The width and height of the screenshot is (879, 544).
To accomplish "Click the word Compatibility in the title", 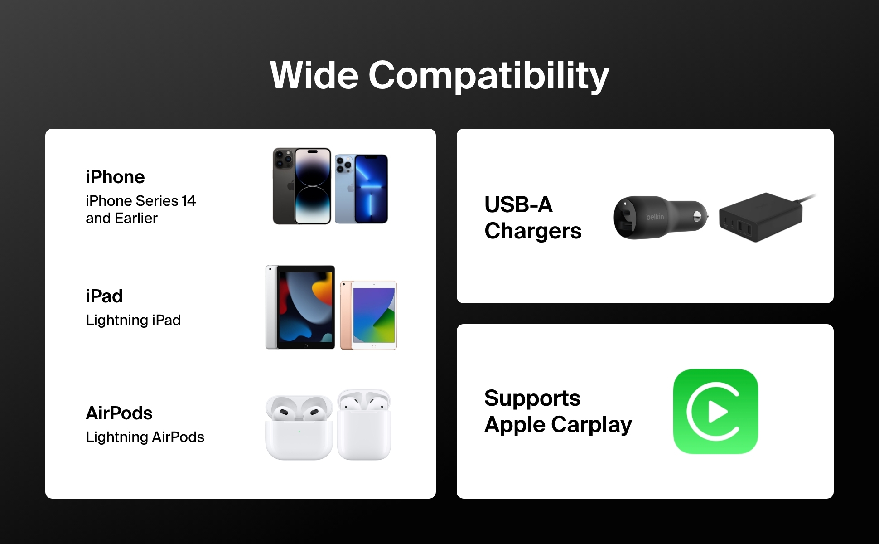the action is pos(489,76).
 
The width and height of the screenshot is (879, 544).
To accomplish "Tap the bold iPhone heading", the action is pos(115,177).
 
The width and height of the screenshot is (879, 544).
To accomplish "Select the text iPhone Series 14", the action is pos(140,201).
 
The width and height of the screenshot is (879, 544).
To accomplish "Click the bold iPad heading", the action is pos(104,296).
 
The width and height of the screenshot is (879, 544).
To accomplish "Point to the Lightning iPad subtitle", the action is pos(133,321).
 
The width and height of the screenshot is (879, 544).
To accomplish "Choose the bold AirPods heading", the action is pos(119,413).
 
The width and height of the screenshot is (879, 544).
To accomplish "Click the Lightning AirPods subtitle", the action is pos(145,437).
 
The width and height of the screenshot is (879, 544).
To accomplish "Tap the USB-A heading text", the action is pos(519,205).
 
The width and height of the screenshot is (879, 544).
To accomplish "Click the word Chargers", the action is pos(533,231).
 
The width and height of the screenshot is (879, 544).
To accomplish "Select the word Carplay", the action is pos(592,425).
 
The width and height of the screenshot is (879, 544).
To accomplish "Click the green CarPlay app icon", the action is pos(715,412).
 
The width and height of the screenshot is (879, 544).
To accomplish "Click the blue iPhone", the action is pos(362,189).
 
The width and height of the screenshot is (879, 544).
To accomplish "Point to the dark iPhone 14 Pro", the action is pos(302,186).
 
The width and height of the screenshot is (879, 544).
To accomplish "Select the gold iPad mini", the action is pos(368,316).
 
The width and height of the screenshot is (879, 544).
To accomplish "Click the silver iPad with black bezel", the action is pos(300,307).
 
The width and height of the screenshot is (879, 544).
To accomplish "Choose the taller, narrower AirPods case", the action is pos(364,424).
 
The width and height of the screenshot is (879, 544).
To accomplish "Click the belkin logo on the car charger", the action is pos(655,217).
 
